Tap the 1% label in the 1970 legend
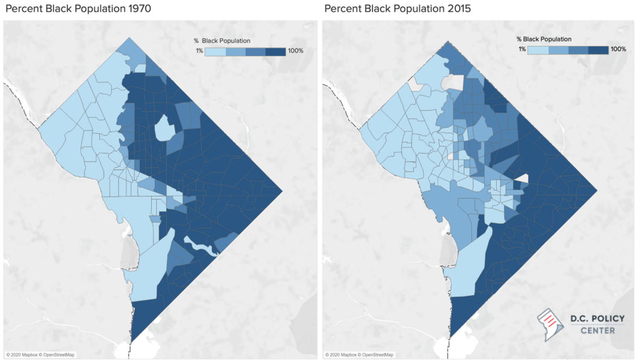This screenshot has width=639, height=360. (x=200, y=51)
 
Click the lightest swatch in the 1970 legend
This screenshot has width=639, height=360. (x=215, y=51)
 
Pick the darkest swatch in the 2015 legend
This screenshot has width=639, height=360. (x=598, y=50)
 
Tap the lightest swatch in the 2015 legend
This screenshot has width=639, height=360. (x=538, y=50)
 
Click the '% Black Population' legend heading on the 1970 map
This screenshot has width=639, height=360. (x=222, y=40)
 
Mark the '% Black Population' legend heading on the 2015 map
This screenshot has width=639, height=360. (x=544, y=39)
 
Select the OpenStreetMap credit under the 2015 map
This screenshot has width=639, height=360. (x=377, y=355)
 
